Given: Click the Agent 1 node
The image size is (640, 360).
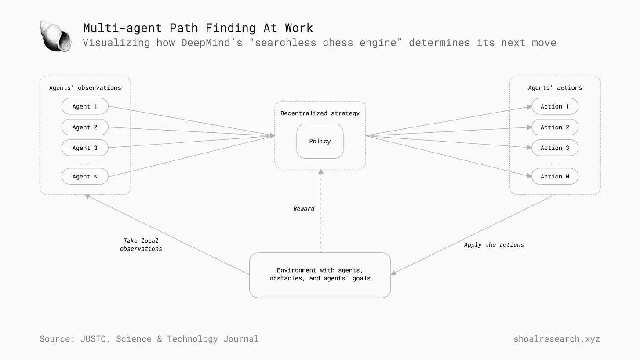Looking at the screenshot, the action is pyautogui.click(x=85, y=106).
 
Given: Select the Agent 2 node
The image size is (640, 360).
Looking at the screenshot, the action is pyautogui.click(x=85, y=127).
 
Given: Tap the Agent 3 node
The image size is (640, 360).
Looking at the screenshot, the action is pyautogui.click(x=85, y=148).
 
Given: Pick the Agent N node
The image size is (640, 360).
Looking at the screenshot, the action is pyautogui.click(x=85, y=176).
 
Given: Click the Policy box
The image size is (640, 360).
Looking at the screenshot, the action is pyautogui.click(x=320, y=141).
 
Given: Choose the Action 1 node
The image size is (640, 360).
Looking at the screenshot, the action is pyautogui.click(x=555, y=106).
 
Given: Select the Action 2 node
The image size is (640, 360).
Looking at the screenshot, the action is pyautogui.click(x=555, y=127).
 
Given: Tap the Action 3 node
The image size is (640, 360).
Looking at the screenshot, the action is pyautogui.click(x=555, y=148).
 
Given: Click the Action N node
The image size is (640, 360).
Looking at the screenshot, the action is pyautogui.click(x=555, y=176).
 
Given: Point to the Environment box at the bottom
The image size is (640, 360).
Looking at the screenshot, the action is pyautogui.click(x=320, y=275).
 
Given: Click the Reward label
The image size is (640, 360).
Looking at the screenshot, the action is pyautogui.click(x=304, y=209).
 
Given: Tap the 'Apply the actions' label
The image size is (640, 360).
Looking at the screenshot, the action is pyautogui.click(x=494, y=245).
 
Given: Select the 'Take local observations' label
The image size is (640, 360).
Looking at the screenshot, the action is pyautogui.click(x=141, y=245).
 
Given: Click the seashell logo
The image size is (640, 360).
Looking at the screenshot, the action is pyautogui.click(x=55, y=36).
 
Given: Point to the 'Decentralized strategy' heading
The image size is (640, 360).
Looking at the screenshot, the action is pyautogui.click(x=320, y=113).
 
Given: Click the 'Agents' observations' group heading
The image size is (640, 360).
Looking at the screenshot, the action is pyautogui.click(x=85, y=88).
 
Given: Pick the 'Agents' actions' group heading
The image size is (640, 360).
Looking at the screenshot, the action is pyautogui.click(x=555, y=88).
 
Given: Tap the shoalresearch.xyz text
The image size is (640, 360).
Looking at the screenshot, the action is pyautogui.click(x=556, y=339).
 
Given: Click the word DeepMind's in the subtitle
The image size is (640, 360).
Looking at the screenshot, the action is pyautogui.click(x=212, y=43).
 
